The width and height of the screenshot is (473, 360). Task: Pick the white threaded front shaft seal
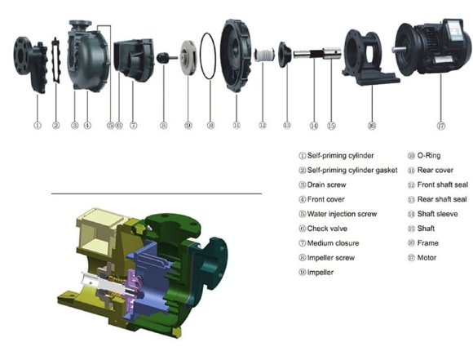pyautogui.click(x=263, y=56)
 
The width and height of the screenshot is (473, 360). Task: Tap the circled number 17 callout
pyautogui.click(x=441, y=126)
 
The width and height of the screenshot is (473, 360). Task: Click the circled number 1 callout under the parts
pyautogui.click(x=37, y=126)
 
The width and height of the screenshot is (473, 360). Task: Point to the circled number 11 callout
pyautogui.click(x=236, y=126)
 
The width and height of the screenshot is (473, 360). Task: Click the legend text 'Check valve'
pyautogui.click(x=325, y=229)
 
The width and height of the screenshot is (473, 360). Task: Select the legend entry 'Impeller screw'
pyautogui.click(x=329, y=258)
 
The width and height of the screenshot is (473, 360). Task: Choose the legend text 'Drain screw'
pyautogui.click(x=325, y=184)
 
